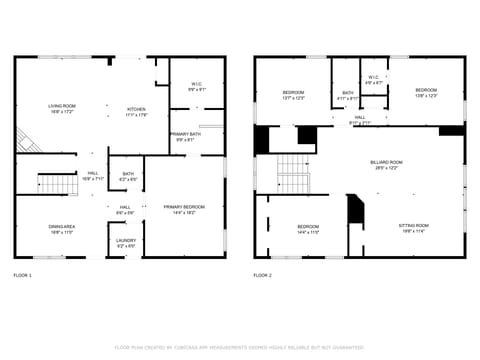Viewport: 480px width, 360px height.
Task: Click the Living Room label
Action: [61, 107]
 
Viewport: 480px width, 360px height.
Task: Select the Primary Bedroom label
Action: [183, 209]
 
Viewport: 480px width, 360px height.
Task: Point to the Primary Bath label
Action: [183, 136]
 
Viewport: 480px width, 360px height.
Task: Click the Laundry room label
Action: [126, 242]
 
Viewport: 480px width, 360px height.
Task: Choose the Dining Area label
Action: [62, 229]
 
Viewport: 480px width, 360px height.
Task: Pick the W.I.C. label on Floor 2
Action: [372, 79]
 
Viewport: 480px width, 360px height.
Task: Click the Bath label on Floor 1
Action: [128, 176]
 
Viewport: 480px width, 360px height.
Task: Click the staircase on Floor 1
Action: [57, 184]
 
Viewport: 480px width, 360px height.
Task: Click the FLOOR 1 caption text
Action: [23, 275]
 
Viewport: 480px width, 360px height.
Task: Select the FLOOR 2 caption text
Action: [262, 275]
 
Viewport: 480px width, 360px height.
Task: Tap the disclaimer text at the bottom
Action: [240, 347]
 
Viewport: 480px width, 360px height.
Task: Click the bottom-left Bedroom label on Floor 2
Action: [307, 229]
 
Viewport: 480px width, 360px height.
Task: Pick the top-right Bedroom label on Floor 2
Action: [426, 92]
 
